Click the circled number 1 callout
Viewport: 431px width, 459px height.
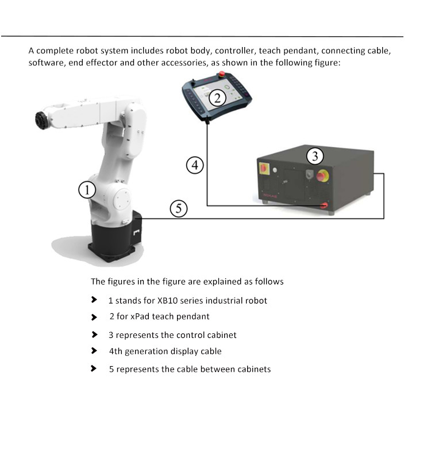click(x=87, y=190)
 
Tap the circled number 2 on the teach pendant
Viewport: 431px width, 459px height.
click(x=217, y=98)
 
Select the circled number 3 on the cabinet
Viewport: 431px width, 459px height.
click(x=315, y=156)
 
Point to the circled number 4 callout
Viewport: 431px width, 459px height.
click(x=195, y=165)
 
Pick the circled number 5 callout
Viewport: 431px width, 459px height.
click(x=179, y=208)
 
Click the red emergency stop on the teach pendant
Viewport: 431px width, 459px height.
click(x=222, y=74)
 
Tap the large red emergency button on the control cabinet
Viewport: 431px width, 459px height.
click(x=322, y=176)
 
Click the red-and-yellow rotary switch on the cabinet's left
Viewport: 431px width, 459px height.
click(x=264, y=168)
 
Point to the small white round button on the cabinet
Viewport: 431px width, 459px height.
click(x=275, y=170)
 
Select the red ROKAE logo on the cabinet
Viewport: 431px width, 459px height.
click(x=270, y=195)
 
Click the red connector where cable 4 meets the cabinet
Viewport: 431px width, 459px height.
click(x=324, y=205)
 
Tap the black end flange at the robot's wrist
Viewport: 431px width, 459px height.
click(x=42, y=120)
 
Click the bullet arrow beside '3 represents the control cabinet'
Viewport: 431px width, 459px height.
click(x=94, y=334)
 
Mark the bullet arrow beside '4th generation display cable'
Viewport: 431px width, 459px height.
click(x=94, y=351)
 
